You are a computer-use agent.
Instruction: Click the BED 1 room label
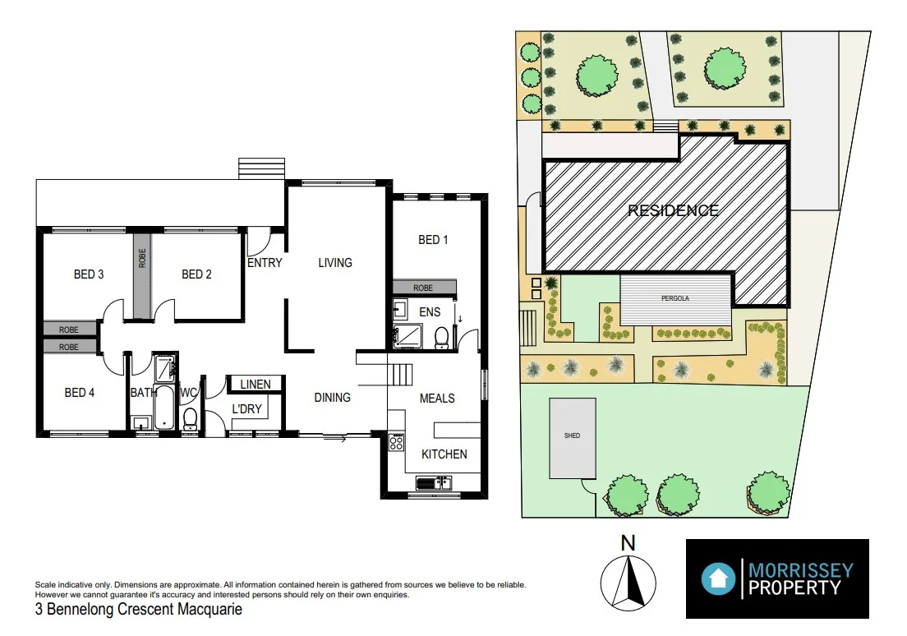pyautogui.click(x=433, y=240)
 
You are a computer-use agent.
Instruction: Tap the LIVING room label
pyautogui.click(x=335, y=263)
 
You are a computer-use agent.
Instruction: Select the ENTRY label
pyautogui.click(x=265, y=263)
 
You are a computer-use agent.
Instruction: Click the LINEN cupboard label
pyautogui.click(x=256, y=384)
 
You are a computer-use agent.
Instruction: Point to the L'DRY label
pyautogui.click(x=246, y=408)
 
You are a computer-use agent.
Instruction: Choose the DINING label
pyautogui.click(x=332, y=398)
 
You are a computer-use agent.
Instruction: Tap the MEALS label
pyautogui.click(x=437, y=399)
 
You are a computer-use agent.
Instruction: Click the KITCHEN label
pyautogui.click(x=444, y=454)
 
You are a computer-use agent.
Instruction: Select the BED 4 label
pyautogui.click(x=80, y=393)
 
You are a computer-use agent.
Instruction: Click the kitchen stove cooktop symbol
pyautogui.click(x=396, y=443)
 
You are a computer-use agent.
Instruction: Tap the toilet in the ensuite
pyautogui.click(x=442, y=337)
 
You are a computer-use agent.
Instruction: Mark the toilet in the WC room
pyautogui.click(x=190, y=417)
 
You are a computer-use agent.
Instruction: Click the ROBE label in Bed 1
pyautogui.click(x=423, y=288)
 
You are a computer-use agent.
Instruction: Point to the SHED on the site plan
pyautogui.click(x=573, y=437)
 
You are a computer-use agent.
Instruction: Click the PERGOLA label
pyautogui.click(x=674, y=299)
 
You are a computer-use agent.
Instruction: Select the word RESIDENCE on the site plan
pyautogui.click(x=673, y=210)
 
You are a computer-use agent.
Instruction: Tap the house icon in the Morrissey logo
pyautogui.click(x=719, y=578)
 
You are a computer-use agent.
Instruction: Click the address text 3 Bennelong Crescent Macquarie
pyautogui.click(x=138, y=611)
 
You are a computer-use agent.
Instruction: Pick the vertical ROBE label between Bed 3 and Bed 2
pyautogui.click(x=142, y=259)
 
